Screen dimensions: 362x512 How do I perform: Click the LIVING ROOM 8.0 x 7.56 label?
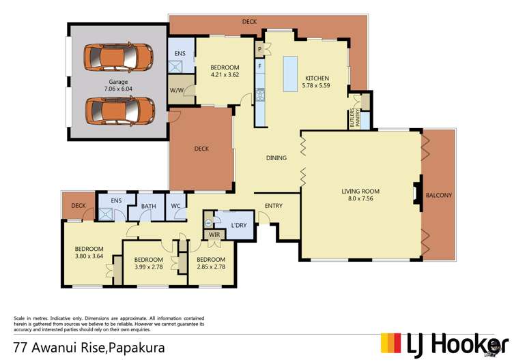click(x=360, y=195)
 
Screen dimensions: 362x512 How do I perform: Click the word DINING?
click(x=276, y=158)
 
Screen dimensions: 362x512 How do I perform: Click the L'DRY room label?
click(x=239, y=226)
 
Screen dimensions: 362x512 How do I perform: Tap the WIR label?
click(x=214, y=235)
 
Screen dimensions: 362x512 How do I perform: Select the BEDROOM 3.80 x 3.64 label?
click(x=89, y=252)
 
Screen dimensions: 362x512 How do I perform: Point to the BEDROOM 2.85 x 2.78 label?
click(x=210, y=263)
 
